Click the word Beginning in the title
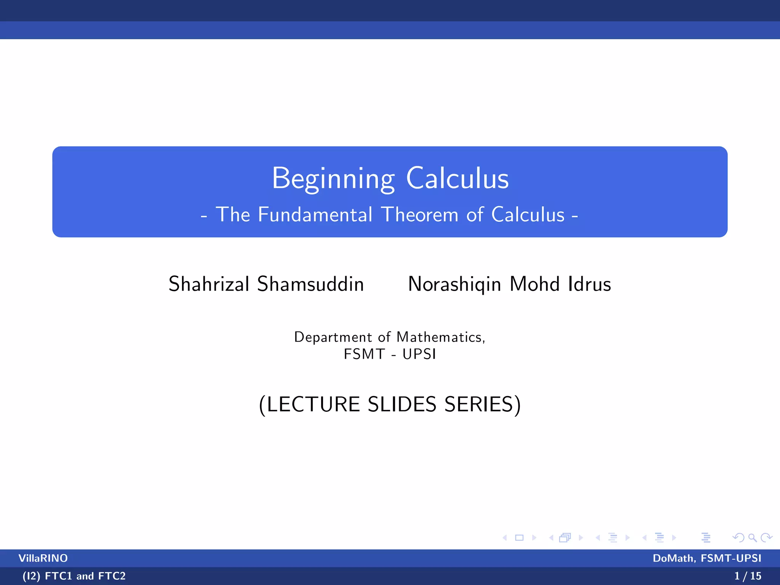(333, 178)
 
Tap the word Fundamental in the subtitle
(315, 214)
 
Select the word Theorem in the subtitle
(420, 214)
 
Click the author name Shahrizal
(209, 284)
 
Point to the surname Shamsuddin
(310, 284)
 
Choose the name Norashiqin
(454, 285)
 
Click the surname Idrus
(589, 284)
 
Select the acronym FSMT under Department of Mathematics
(364, 354)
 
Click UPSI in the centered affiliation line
(419, 354)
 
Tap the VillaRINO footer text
(43, 558)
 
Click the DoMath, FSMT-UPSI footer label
(707, 558)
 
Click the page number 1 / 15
(748, 576)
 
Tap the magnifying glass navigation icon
(752, 538)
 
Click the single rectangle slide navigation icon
(519, 538)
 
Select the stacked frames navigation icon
(565, 538)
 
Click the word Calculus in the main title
(457, 178)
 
